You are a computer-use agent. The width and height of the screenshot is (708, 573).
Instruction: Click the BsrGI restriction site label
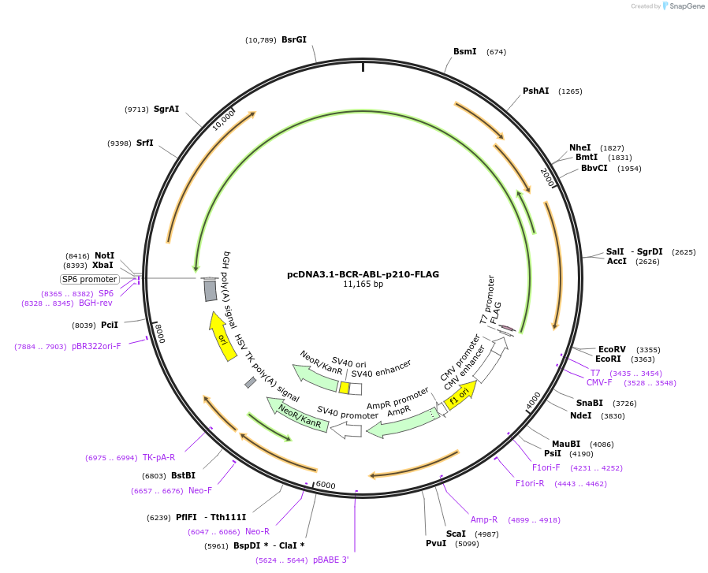293,39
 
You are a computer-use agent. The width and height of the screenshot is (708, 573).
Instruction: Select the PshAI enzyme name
535,91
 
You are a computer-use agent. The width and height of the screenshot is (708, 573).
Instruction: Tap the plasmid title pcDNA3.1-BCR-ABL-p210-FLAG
363,274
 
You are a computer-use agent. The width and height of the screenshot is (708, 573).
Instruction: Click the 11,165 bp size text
363,285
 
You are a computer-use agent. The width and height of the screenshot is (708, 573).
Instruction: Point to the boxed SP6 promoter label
90,279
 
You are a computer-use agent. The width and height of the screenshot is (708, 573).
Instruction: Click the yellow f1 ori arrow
460,395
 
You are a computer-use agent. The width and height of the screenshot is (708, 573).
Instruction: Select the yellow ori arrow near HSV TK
223,336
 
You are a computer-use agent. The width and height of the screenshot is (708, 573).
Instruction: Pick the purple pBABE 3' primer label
330,560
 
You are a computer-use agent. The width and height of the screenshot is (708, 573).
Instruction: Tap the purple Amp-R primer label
484,519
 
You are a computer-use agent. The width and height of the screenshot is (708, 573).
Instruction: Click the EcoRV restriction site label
612,349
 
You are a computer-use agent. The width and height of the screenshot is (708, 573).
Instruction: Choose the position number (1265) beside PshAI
570,91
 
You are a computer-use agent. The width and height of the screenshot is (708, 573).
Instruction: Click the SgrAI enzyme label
166,109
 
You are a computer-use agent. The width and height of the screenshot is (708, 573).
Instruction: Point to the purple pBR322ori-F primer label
96,346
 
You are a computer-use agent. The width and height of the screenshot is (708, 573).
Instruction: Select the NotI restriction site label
104,255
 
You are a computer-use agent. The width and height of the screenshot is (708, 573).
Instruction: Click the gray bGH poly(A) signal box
211,290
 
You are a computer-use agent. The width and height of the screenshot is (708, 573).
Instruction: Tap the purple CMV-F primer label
599,382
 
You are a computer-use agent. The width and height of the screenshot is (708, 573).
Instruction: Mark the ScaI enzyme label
456,534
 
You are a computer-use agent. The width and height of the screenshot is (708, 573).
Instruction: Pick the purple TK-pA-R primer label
158,457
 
